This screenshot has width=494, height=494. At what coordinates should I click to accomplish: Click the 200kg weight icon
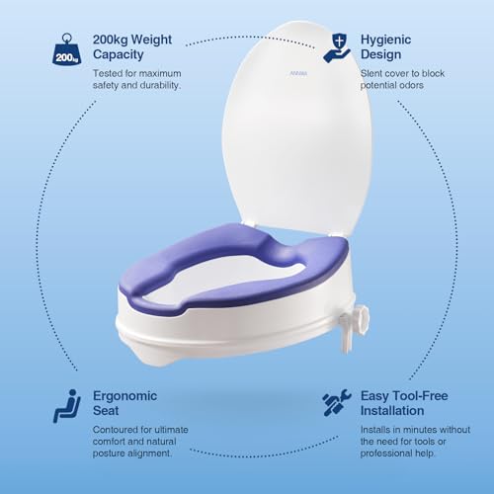pos(66,48)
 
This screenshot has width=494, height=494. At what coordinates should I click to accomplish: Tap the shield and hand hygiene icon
pos(336,48)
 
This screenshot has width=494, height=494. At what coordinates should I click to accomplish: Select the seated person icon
pos(67,406)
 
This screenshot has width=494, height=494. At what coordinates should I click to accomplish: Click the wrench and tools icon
pos(337,403)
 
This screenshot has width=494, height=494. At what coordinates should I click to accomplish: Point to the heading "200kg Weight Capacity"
pos(132,46)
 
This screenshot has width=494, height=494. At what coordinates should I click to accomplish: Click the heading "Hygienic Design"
pos(385,46)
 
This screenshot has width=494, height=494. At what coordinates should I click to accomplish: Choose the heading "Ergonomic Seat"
pos(124,403)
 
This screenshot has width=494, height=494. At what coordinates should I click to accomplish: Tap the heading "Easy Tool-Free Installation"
pos(404,403)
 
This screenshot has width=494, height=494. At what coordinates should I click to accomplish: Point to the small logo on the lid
pos(298,73)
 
